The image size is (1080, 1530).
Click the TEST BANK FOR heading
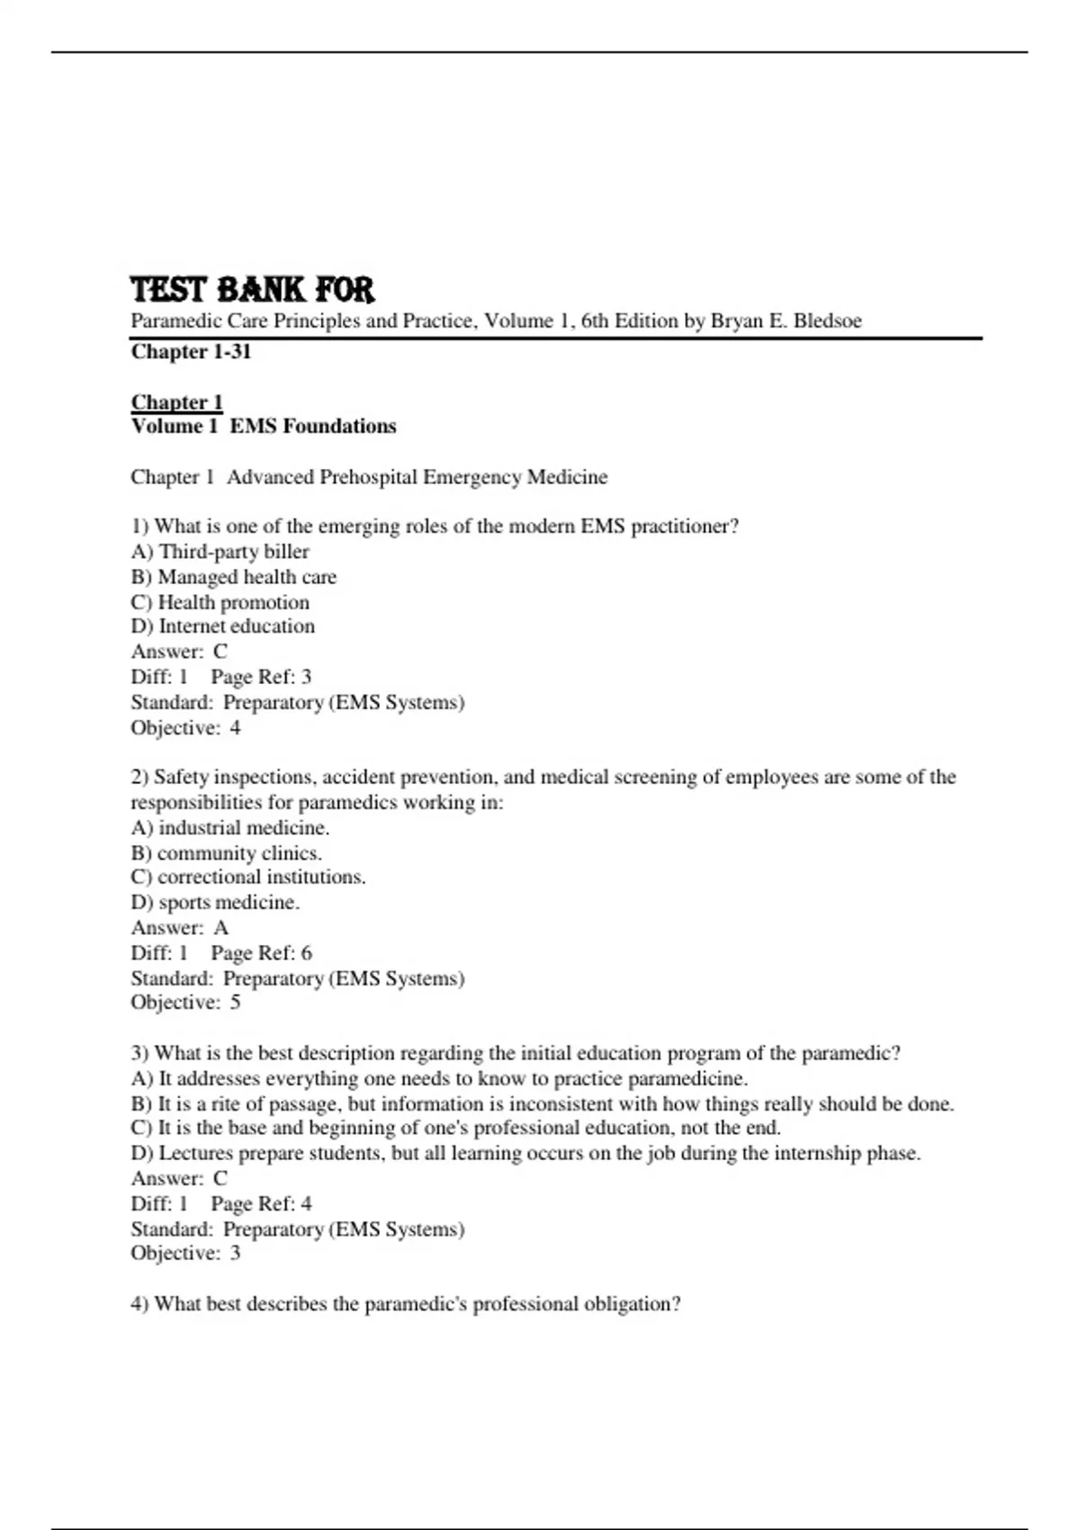pyautogui.click(x=252, y=290)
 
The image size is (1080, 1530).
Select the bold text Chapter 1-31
pyautogui.click(x=191, y=352)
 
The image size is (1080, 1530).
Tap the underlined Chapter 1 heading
pyautogui.click(x=176, y=402)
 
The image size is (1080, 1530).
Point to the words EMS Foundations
pyautogui.click(x=312, y=427)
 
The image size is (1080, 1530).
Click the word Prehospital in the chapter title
pyautogui.click(x=367, y=477)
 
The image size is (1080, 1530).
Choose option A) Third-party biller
pyautogui.click(x=220, y=552)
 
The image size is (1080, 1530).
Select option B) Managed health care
pyautogui.click(x=233, y=577)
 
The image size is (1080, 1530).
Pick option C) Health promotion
pyautogui.click(x=220, y=602)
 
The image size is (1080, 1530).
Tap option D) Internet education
pyautogui.click(x=222, y=626)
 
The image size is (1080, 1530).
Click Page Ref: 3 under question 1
pyautogui.click(x=261, y=677)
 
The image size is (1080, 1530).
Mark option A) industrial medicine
pyautogui.click(x=229, y=828)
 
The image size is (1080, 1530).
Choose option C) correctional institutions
pyautogui.click(x=247, y=877)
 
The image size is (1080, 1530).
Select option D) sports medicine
pyautogui.click(x=215, y=903)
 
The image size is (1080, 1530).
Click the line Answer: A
pyautogui.click(x=180, y=928)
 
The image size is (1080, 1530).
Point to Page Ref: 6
pyautogui.click(x=261, y=953)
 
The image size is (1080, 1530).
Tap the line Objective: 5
pyautogui.click(x=185, y=1003)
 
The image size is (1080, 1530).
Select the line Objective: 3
pyautogui.click(x=185, y=1254)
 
